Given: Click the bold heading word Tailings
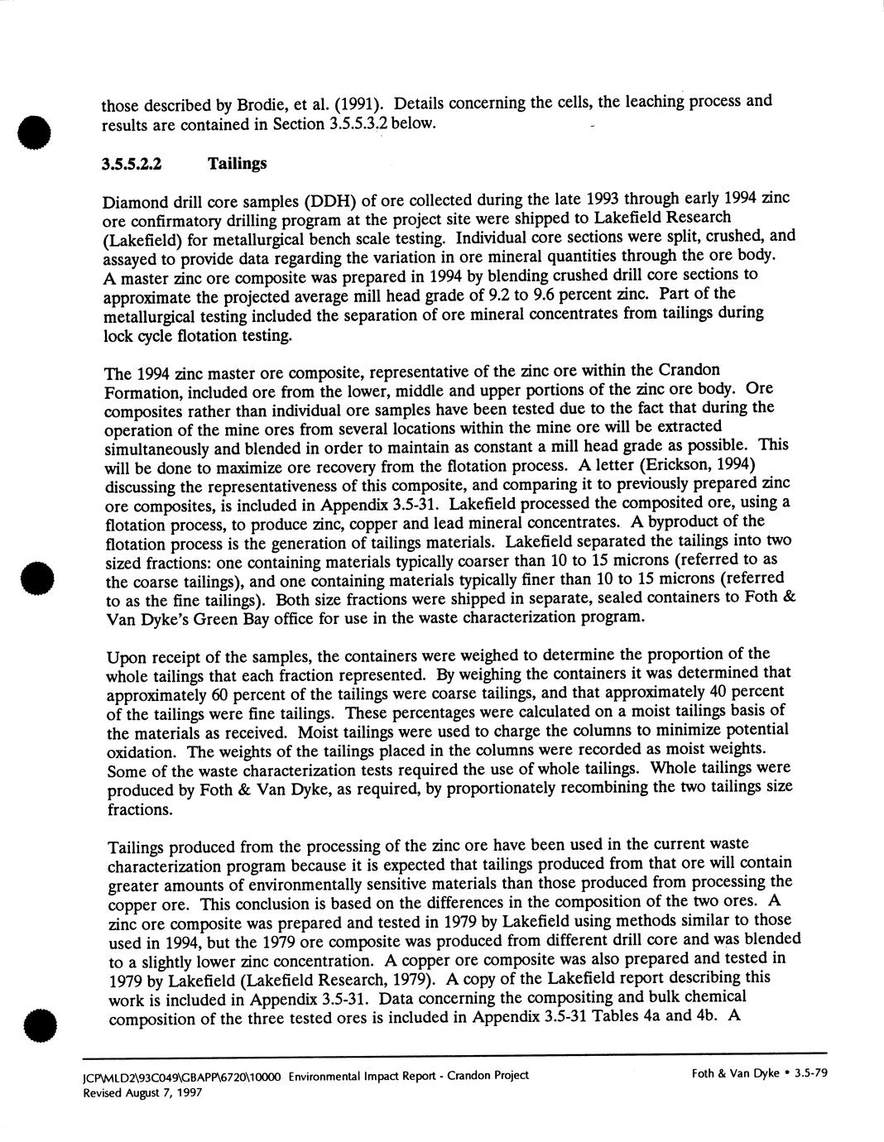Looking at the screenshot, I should (237, 163).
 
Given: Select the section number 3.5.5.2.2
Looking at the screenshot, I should (131, 164).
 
